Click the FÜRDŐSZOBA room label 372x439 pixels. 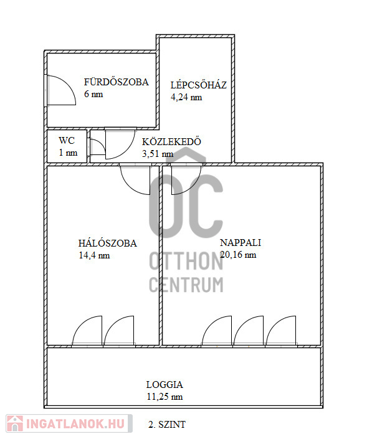117,82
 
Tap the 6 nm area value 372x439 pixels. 93,94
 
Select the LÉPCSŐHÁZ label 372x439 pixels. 199,85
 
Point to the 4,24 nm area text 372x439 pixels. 186,97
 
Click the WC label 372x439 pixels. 67,140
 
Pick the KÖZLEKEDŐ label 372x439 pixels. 171,141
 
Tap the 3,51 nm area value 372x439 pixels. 158,154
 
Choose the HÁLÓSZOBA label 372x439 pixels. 108,243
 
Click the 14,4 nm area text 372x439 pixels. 94,255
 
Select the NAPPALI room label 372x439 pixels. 241,242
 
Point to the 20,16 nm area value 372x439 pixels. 238,255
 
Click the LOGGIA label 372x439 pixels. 165,384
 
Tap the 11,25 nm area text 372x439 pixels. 165,397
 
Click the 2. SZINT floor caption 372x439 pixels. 166,425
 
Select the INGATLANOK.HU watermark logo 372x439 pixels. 69,423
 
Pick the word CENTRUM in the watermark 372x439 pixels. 186,285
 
